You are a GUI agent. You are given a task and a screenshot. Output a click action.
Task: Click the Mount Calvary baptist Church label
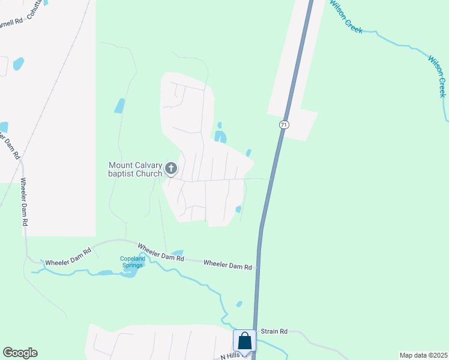(x=135, y=169)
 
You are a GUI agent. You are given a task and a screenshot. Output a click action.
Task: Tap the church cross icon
(x=171, y=169)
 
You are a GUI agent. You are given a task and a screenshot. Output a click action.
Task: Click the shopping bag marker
(x=245, y=341)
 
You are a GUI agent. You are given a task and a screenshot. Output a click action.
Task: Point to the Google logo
(x=20, y=353)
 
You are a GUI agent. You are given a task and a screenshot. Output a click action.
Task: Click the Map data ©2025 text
(x=423, y=355)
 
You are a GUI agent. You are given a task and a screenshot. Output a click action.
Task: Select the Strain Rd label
(x=274, y=331)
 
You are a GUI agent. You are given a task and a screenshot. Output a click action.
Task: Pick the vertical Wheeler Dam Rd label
(x=24, y=202)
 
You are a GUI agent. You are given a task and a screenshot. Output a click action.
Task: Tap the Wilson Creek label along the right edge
(x=437, y=76)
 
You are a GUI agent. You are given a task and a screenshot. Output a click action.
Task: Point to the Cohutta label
(x=35, y=12)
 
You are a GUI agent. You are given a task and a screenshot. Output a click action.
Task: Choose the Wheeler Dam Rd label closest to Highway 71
(x=227, y=264)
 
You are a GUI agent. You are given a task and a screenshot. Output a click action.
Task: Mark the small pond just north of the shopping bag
(x=240, y=304)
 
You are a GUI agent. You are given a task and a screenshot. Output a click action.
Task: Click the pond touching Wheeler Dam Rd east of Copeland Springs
(x=177, y=253)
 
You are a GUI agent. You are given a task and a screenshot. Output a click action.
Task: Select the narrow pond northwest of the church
(x=119, y=106)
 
